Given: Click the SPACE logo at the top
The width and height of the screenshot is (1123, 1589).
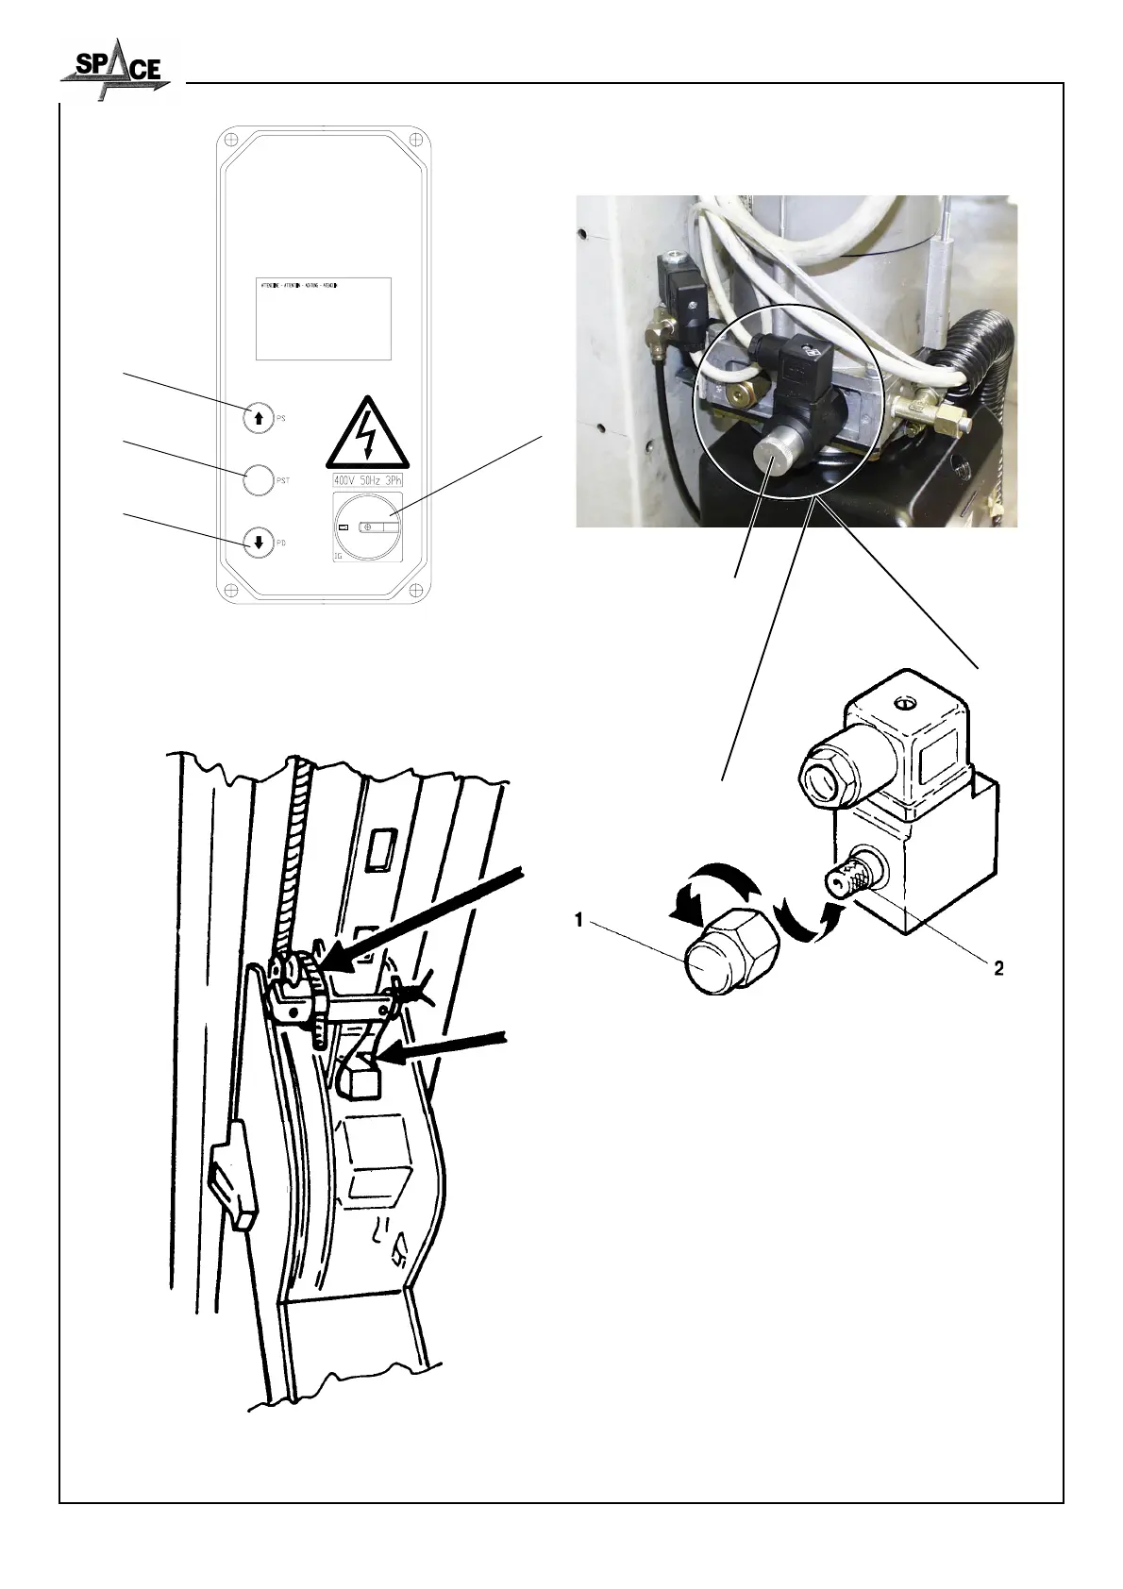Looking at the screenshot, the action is coord(115,68).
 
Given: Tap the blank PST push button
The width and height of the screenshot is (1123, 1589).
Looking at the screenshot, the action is coord(258,479).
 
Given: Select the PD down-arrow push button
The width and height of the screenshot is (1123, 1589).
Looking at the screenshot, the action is coord(258,543).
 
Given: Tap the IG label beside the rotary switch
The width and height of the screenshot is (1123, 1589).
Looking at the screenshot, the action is coord(339,558).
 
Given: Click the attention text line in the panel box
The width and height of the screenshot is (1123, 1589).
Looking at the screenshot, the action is coord(299,284).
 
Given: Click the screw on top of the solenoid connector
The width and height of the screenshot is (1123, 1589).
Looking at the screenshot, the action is coord(906,704).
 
